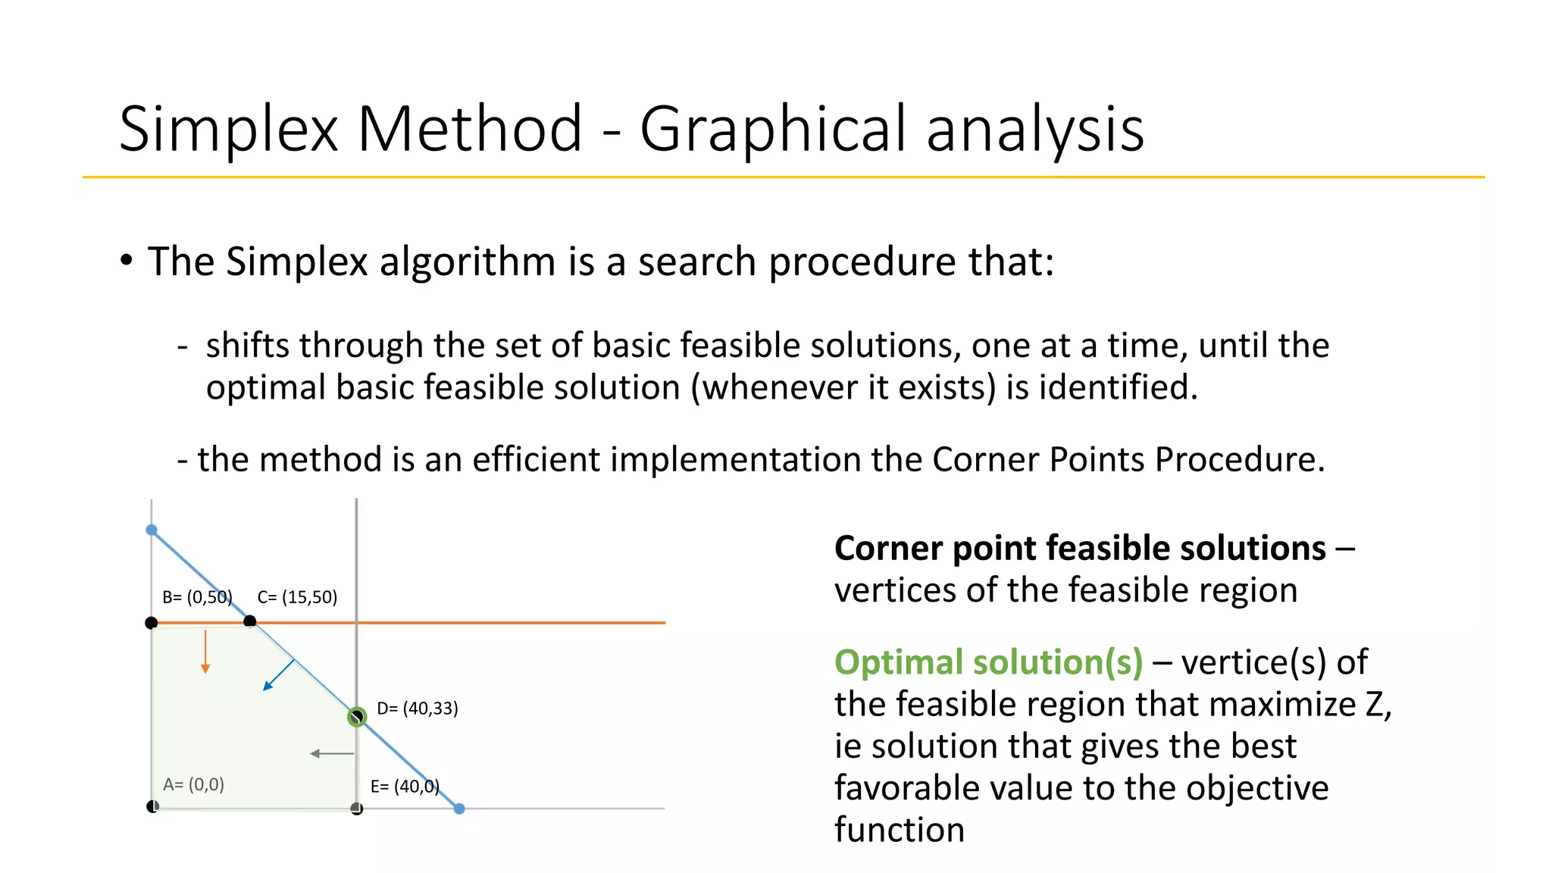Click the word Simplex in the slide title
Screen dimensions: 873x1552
coord(228,129)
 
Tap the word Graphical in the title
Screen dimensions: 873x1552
coord(772,129)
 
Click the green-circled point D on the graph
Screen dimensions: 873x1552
coord(357,716)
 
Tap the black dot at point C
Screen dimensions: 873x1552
coord(250,621)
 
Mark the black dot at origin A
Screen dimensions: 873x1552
coord(152,806)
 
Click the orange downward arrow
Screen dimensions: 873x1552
coord(205,652)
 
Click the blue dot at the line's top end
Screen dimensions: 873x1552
coord(152,530)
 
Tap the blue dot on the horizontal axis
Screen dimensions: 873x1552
coord(459,809)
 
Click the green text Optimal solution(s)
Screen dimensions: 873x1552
coord(988,662)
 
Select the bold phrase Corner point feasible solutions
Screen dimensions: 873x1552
coord(1080,548)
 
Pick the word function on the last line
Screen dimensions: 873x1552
coord(900,830)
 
